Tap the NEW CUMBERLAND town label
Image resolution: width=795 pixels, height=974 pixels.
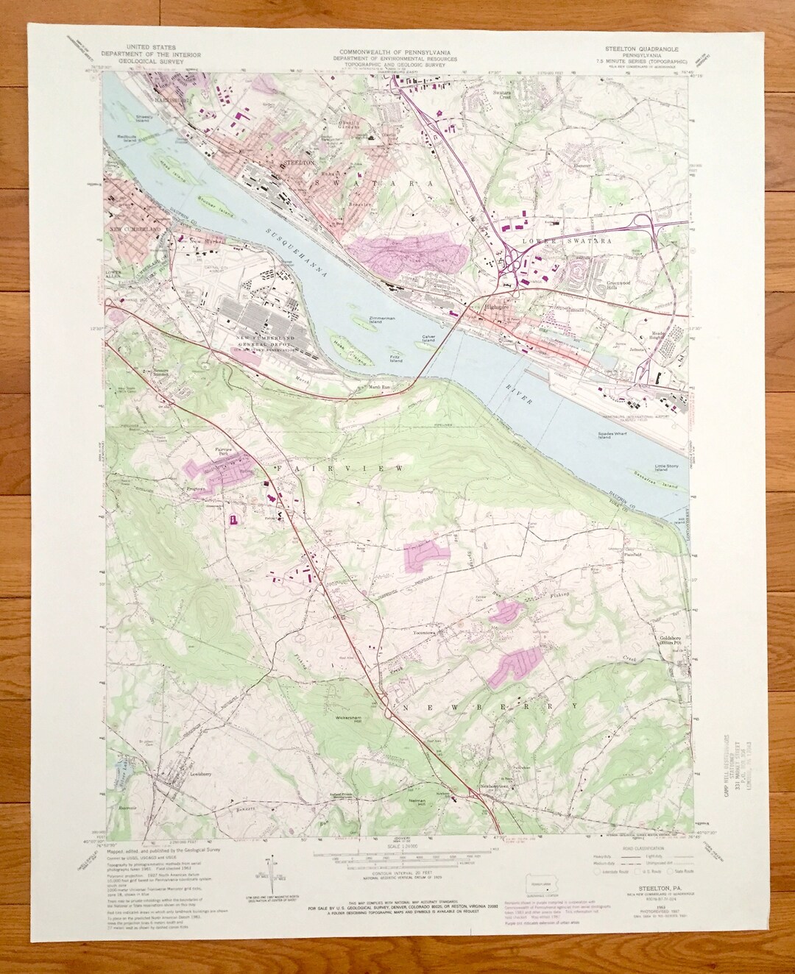point(135,230)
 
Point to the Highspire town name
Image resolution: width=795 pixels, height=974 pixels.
point(483,307)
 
